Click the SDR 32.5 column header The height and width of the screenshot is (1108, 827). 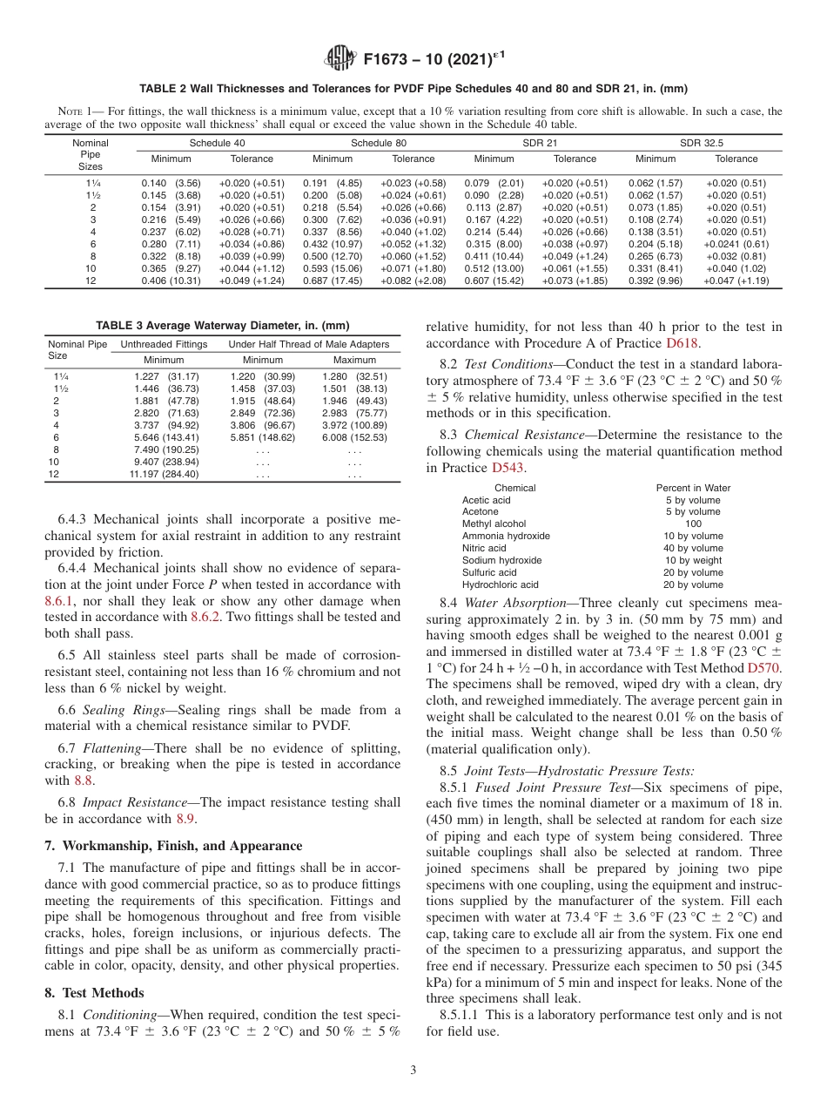pyautogui.click(x=701, y=142)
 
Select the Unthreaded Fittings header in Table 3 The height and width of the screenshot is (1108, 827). pyautogui.click(x=164, y=344)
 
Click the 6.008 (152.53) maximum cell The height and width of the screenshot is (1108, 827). pyautogui.click(x=353, y=437)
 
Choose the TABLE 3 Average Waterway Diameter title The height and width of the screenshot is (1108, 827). pyautogui.click(x=222, y=326)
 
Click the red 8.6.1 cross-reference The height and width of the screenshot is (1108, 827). pyautogui.click(x=59, y=601)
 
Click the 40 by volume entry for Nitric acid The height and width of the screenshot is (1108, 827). pyautogui.click(x=693, y=549)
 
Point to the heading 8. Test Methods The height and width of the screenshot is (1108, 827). pyautogui.click(x=94, y=992)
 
